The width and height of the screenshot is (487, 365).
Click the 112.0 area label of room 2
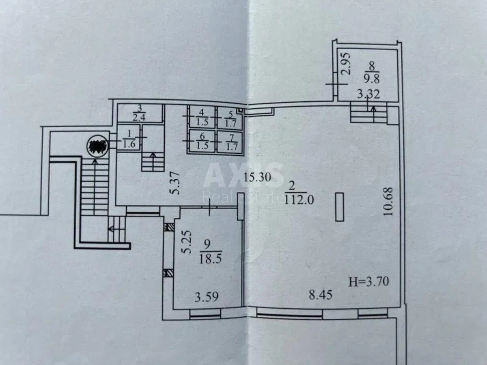[300, 200]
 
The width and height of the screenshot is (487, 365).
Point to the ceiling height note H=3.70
[368, 281]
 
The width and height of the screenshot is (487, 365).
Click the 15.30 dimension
[258, 177]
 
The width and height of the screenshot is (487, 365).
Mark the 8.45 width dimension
[321, 295]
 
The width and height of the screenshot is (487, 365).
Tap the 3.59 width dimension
[206, 297]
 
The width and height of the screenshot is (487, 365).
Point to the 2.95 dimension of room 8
[345, 64]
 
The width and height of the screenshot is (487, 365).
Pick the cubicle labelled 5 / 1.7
[230, 118]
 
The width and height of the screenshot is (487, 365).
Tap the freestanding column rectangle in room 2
[340, 207]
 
